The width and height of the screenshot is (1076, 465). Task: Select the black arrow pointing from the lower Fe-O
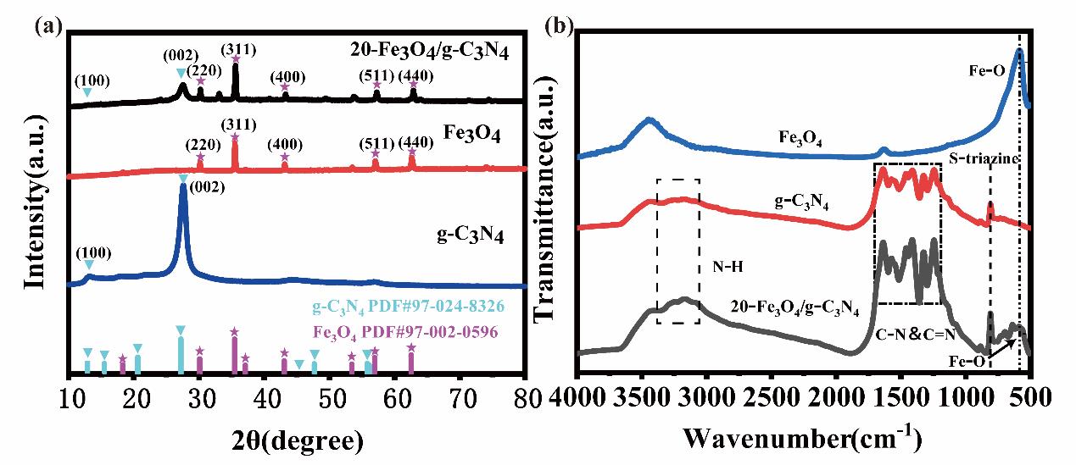click(x=1002, y=348)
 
